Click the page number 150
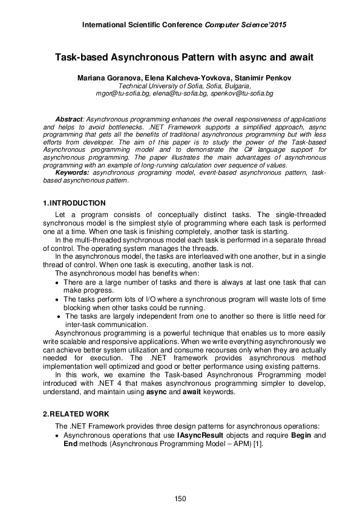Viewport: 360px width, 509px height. [x=180, y=498]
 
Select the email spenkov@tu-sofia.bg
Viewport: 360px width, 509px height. [x=246, y=94]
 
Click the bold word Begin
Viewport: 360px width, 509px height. [x=302, y=435]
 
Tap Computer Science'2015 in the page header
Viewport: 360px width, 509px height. [x=244, y=25]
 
